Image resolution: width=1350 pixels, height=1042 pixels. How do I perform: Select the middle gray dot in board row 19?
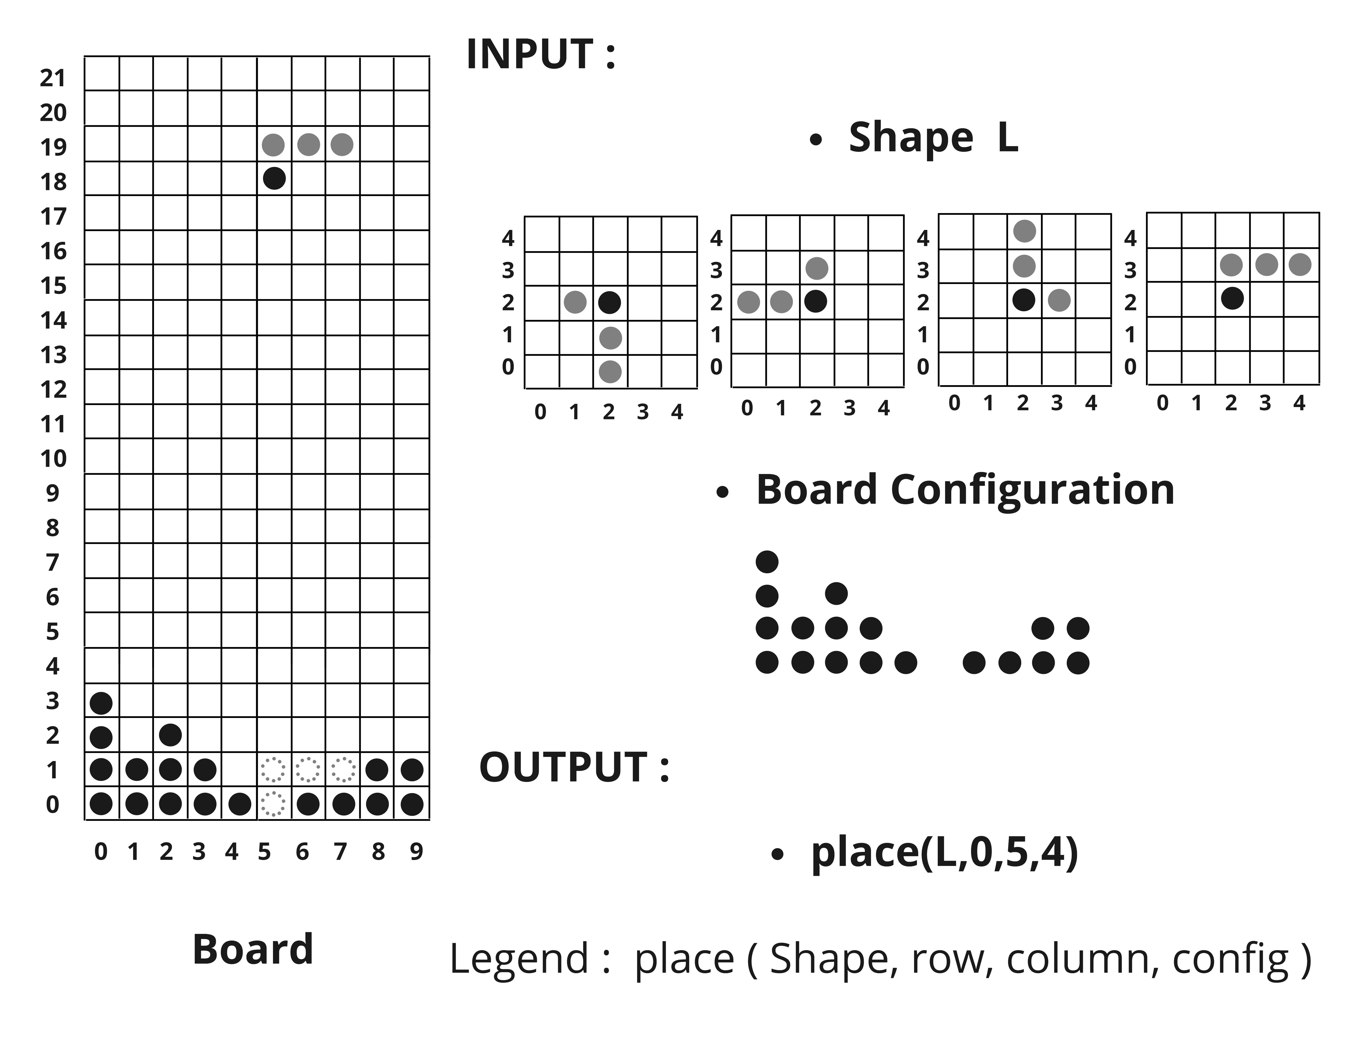coord(309,145)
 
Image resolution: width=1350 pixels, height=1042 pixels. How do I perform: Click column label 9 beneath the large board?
coord(416,852)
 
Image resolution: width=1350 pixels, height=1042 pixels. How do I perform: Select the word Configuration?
coord(1032,490)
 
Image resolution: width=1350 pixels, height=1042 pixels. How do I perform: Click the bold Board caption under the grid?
coord(253,949)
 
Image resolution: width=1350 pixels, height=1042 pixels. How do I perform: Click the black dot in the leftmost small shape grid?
coord(609,302)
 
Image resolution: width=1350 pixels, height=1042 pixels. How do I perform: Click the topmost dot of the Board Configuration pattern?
coord(767,562)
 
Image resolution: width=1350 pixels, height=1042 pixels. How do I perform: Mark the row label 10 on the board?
coord(53,459)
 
